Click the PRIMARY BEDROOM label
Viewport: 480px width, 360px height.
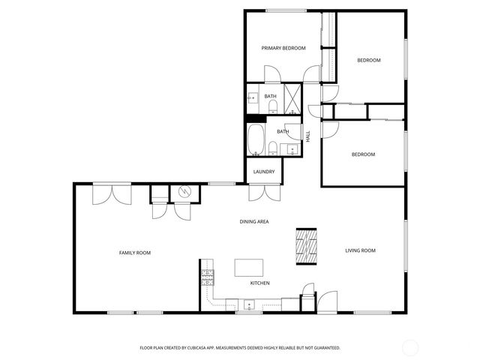[x=283, y=48]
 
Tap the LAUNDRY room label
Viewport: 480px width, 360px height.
[x=263, y=172]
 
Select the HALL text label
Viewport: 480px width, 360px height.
[x=307, y=136]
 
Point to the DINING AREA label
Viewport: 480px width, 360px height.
[x=254, y=222]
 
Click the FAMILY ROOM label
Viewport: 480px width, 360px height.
[x=135, y=253]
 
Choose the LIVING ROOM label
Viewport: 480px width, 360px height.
[x=360, y=250]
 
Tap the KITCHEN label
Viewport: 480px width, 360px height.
[x=259, y=283]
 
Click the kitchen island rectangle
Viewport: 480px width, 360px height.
[x=250, y=268]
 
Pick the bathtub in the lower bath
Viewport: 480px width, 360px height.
[x=256, y=139]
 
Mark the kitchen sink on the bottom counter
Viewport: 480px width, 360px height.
[x=249, y=304]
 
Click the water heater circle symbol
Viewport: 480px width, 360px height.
[x=184, y=192]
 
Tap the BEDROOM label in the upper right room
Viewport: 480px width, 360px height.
[x=368, y=60]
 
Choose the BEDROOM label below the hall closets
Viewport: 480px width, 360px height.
[x=363, y=154]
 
